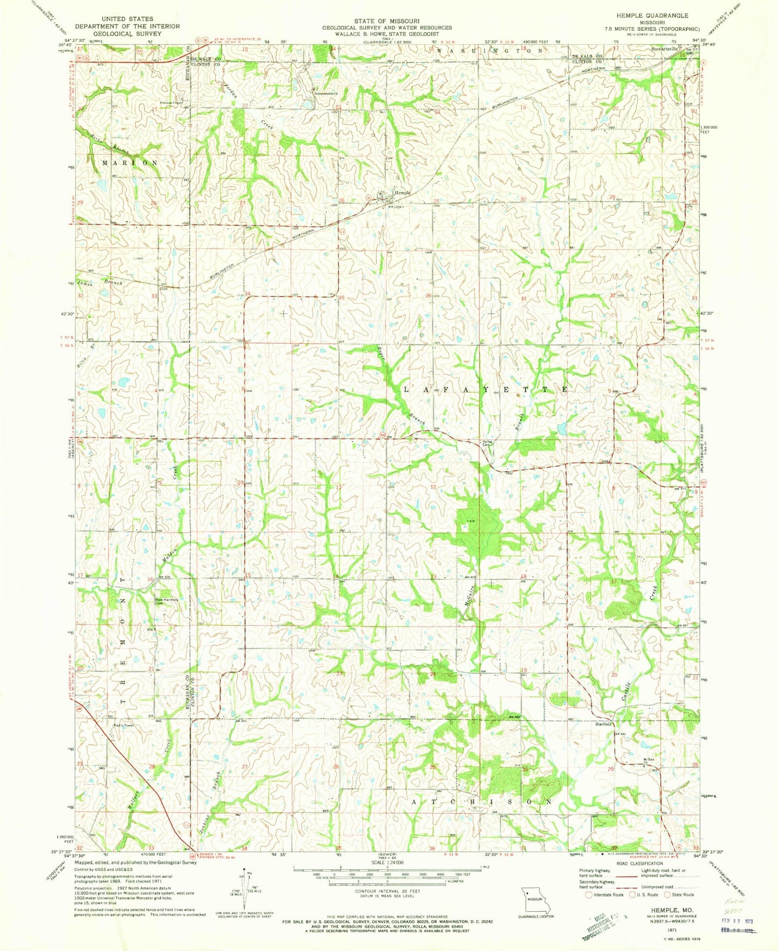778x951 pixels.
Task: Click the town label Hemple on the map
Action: click(402, 193)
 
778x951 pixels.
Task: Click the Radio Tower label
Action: click(123, 725)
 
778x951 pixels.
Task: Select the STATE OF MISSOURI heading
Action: click(387, 20)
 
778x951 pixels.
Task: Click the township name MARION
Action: click(130, 162)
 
